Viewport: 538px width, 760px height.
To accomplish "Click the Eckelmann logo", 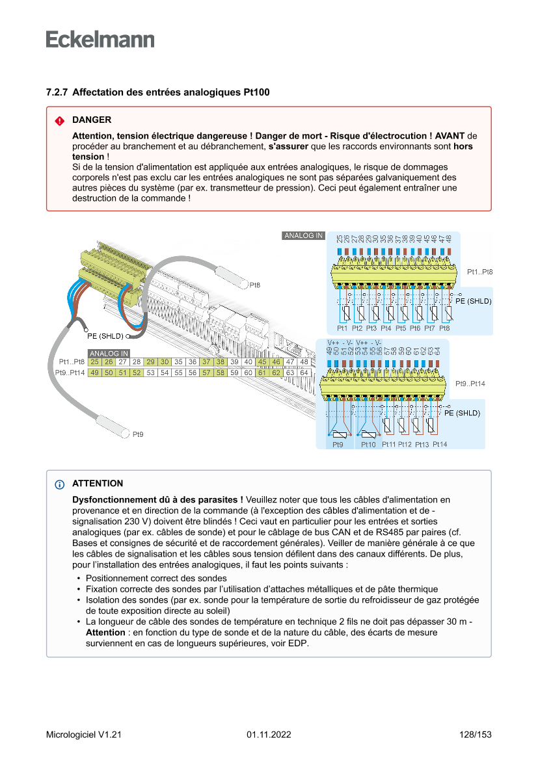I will (100, 39).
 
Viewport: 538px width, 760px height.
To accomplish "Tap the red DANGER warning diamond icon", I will (59, 121).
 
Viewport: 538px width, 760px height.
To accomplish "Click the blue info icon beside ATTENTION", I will (60, 484).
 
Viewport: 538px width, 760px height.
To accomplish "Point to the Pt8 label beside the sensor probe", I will (255, 285).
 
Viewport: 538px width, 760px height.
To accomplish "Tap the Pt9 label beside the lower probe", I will (138, 434).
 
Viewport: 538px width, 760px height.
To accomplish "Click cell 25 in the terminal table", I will (95, 362).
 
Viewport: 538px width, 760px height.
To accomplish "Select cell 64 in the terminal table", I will (304, 373).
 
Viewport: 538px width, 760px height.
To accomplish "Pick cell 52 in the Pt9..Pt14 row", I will (137, 373).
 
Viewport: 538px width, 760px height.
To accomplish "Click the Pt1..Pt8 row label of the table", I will (72, 362).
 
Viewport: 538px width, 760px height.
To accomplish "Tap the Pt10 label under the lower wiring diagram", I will (368, 444).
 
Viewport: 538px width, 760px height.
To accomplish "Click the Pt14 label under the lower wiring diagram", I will (440, 444).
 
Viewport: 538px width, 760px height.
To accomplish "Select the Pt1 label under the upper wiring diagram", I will (342, 328).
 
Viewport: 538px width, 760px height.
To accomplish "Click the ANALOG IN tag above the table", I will (109, 354).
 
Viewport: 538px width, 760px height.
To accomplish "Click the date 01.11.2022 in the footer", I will (269, 735).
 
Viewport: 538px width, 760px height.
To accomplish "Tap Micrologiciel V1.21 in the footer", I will (84, 735).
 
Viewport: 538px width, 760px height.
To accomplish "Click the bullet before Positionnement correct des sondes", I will (79, 578).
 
